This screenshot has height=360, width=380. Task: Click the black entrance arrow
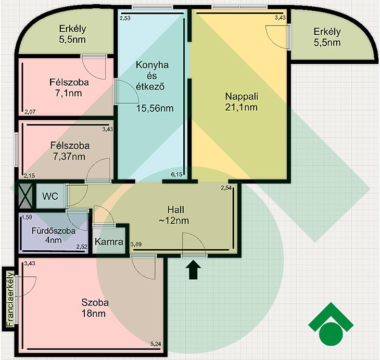[193, 269]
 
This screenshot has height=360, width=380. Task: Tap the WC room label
[50, 196]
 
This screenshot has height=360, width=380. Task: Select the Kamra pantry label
[109, 242]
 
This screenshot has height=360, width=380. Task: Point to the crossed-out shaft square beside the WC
[26, 196]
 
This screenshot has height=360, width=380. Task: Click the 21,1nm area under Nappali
[241, 107]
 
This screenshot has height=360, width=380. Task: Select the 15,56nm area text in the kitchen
[155, 108]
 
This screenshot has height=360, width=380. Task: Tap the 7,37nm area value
[69, 157]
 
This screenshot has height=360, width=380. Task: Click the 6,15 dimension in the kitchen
[176, 174]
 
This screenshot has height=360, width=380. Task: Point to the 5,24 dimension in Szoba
[156, 344]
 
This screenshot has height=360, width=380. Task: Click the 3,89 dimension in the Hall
[136, 245]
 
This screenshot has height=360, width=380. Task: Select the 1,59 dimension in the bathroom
[27, 217]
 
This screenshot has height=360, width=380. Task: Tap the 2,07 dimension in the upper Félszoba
[30, 112]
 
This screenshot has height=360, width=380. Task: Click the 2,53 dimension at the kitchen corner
[125, 18]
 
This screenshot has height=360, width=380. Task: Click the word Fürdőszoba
[54, 231]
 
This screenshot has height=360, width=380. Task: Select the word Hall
[176, 210]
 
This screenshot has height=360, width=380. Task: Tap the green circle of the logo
[331, 335]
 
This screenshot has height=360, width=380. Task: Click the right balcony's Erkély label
[327, 32]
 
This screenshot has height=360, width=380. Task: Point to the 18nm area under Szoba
[94, 314]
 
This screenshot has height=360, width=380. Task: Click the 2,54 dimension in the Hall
[226, 188]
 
